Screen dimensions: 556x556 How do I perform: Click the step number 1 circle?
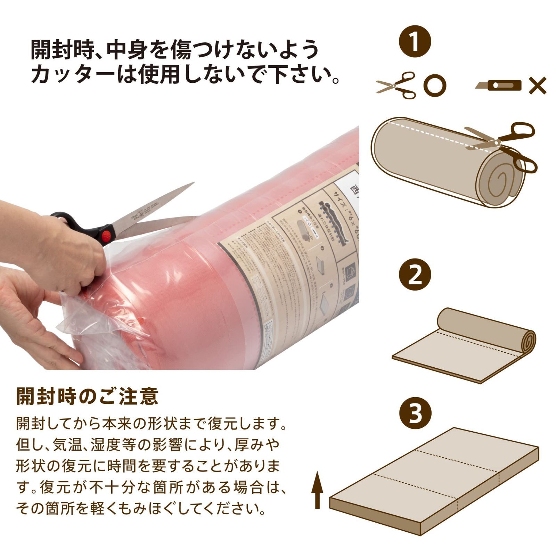pos(415,42)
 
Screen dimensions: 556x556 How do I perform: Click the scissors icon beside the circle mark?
pos(396,85)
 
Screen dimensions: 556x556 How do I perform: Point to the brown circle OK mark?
pos(435,85)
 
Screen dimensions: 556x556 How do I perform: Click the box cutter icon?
pos(499,85)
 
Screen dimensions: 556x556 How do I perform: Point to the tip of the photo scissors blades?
pos(193,184)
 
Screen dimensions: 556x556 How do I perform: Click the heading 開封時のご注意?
pos(87,396)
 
